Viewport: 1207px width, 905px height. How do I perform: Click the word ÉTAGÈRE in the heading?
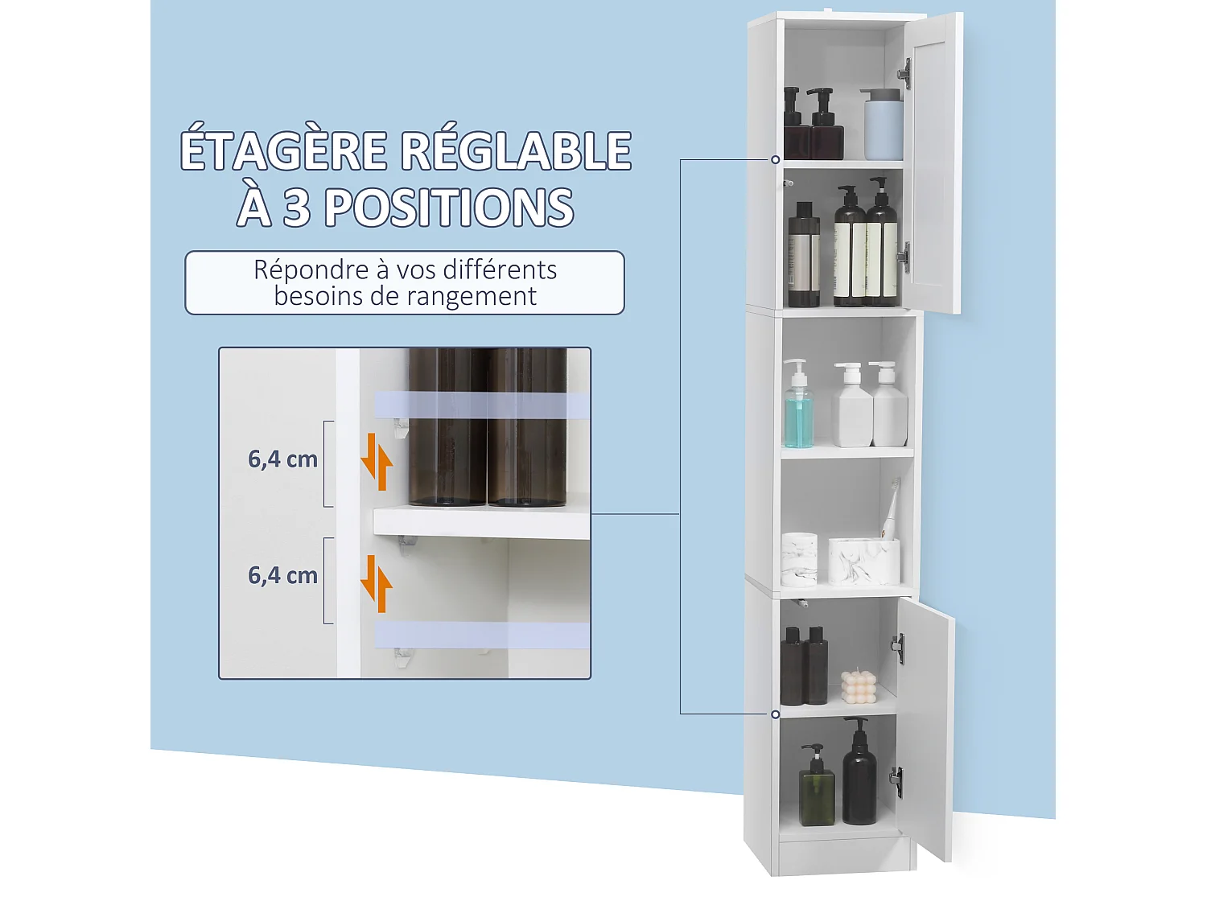pos(283,150)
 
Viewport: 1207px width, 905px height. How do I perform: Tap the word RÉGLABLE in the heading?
pos(516,150)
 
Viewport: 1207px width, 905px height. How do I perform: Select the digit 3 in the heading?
pos(297,208)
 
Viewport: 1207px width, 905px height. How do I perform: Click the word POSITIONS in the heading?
pos(449,208)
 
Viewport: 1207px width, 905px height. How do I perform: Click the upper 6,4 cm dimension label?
pos(282,459)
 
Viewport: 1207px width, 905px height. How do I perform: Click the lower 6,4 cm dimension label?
pos(282,576)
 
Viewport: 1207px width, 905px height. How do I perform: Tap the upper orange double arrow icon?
pos(376,462)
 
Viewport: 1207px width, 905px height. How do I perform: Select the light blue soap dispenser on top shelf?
pos(883,124)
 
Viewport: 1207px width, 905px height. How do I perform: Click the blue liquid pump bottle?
pos(798,407)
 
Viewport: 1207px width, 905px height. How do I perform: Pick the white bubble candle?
pos(858,688)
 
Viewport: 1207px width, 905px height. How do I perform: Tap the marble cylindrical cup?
pos(799,559)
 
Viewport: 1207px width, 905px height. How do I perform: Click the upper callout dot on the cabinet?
pos(776,160)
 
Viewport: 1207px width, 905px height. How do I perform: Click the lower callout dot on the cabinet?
pos(776,714)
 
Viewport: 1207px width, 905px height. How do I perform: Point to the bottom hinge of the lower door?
pos(896,778)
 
